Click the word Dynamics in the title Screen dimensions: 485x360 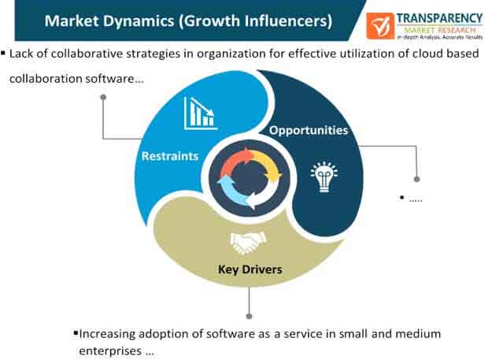tap(139, 21)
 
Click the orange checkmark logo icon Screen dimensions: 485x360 tap(380, 26)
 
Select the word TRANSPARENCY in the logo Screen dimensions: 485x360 tap(439, 19)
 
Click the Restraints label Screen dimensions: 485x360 tap(170, 156)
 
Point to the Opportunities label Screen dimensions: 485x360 tap(309, 130)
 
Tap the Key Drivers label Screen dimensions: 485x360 tap(250, 269)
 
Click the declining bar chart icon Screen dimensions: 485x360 tap(201, 113)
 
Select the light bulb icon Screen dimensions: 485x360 tap(324, 176)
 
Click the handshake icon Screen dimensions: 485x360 tap(248, 243)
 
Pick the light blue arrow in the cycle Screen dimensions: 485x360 tap(230, 190)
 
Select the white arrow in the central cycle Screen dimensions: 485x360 tap(265, 194)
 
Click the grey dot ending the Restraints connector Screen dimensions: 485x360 tap(103, 97)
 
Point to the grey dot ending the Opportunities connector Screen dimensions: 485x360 tap(417, 180)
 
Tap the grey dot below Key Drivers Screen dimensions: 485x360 tap(249, 316)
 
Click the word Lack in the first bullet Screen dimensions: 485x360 tap(20, 54)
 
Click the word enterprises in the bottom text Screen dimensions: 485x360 tap(110, 351)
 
